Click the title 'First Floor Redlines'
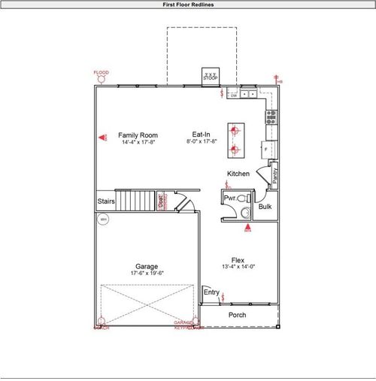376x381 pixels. point(188,5)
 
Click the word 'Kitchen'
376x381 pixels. point(238,174)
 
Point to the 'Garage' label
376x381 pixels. point(146,266)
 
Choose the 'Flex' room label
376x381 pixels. point(238,259)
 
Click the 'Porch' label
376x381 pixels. point(237,315)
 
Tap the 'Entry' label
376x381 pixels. point(211,292)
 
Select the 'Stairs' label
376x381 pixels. point(106,201)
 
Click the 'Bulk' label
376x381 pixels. point(265,206)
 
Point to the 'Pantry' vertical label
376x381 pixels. point(275,176)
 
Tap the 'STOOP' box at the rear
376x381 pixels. point(210,77)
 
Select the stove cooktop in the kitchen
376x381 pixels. point(270,116)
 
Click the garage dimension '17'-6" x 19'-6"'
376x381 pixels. point(146,274)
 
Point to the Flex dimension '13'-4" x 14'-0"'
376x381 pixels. point(238,267)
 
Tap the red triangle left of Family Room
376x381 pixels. point(102,138)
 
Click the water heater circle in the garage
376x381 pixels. point(104,219)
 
